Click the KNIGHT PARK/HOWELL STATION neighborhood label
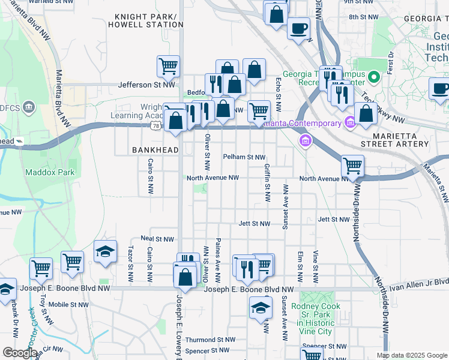[145, 20]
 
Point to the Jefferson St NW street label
[146, 85]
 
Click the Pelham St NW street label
[244, 157]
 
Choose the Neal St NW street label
[157, 238]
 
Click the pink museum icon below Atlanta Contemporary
[306, 141]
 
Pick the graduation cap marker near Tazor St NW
[105, 251]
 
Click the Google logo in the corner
[20, 353]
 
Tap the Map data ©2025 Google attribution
[411, 355]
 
